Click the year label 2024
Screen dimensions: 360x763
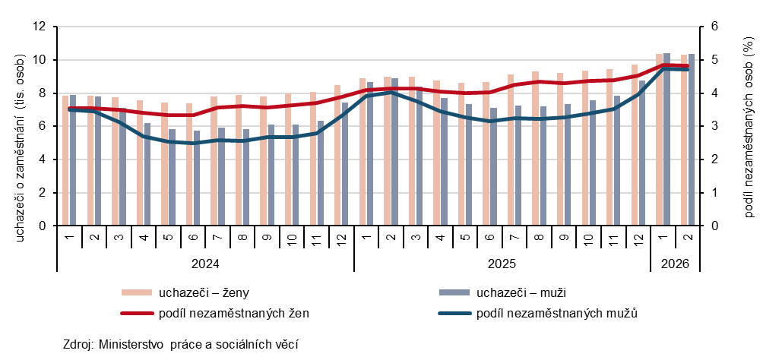[x=205, y=264]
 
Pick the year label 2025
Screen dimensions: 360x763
[x=502, y=264]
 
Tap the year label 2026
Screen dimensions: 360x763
[x=675, y=264]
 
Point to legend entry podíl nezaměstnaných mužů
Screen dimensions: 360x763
[x=556, y=312]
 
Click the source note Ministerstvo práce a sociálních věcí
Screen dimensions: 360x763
[x=180, y=344]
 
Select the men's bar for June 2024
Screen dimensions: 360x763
[x=198, y=178]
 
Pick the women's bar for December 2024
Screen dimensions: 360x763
[x=338, y=155]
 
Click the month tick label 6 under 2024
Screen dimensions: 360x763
[x=194, y=238]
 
